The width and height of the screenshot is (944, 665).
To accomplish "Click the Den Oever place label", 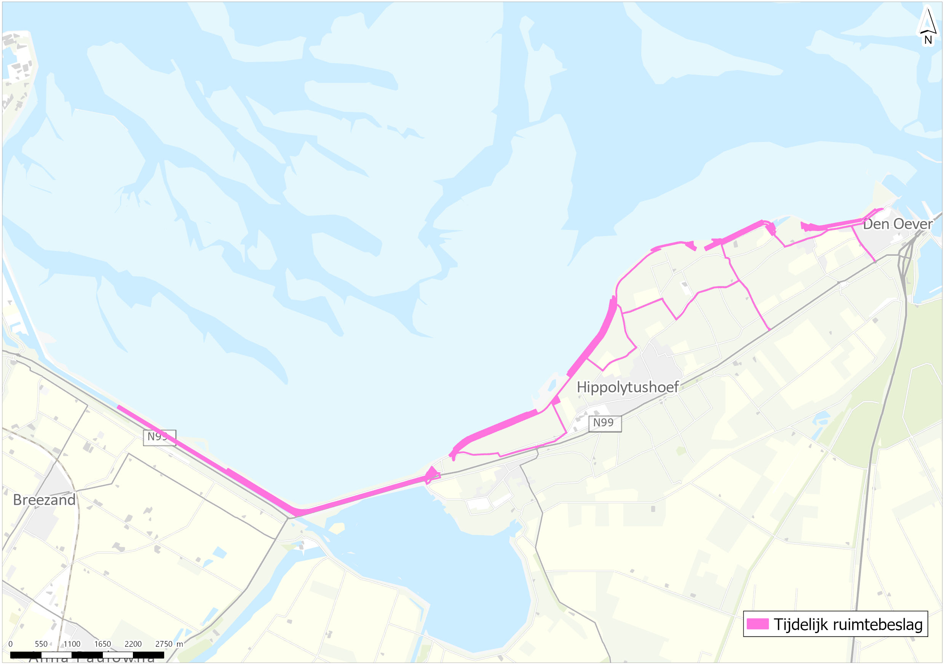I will pyautogui.click(x=898, y=224).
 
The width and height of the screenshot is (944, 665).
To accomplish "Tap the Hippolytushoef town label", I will pyautogui.click(x=628, y=387).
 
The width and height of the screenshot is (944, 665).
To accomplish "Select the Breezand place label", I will pyautogui.click(x=44, y=500).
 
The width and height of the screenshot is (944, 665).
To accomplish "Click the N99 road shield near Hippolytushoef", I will pyautogui.click(x=604, y=423).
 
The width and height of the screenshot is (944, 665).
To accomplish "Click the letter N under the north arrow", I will pyautogui.click(x=928, y=40).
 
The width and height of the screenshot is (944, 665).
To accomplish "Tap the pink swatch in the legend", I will pyautogui.click(x=757, y=624).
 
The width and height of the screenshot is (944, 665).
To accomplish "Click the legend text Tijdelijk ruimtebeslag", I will pyautogui.click(x=848, y=624).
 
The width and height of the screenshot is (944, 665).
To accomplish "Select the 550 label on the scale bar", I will pyautogui.click(x=41, y=644).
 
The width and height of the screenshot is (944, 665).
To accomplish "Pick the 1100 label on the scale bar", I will pyautogui.click(x=72, y=644).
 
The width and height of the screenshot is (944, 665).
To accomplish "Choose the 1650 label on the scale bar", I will pyautogui.click(x=102, y=644).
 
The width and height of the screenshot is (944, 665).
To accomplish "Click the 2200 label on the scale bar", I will pyautogui.click(x=133, y=644).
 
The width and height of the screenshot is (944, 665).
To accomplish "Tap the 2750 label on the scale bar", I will pyautogui.click(x=164, y=644).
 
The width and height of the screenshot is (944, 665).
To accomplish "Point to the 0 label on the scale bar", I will pyautogui.click(x=10, y=644).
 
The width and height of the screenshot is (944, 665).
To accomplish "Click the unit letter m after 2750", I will pyautogui.click(x=180, y=644).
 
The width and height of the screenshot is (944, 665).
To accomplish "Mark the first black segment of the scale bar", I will pyautogui.click(x=26, y=655).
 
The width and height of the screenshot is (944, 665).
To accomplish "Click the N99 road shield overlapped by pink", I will pyautogui.click(x=159, y=437).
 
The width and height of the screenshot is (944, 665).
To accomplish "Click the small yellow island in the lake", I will pyautogui.click(x=337, y=528).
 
